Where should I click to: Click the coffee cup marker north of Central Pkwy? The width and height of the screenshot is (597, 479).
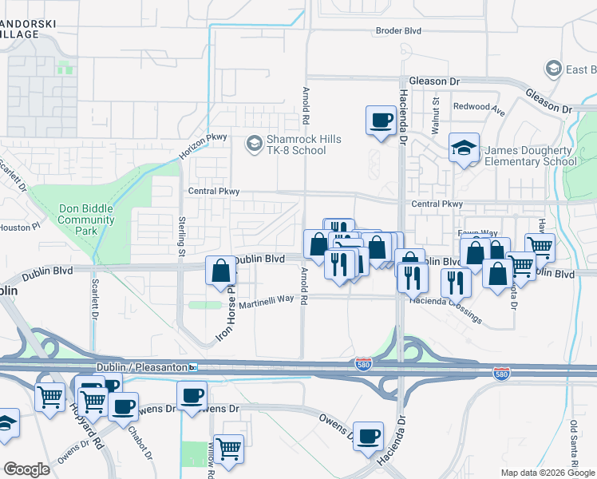pos(381,121)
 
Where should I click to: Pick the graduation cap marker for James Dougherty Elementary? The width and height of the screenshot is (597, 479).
pos(464,148)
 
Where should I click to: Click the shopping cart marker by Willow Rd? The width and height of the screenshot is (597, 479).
pos(228,449)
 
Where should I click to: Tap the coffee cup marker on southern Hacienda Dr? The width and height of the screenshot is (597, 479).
pos(368,436)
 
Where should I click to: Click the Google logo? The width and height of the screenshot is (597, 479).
pos(26,469)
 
